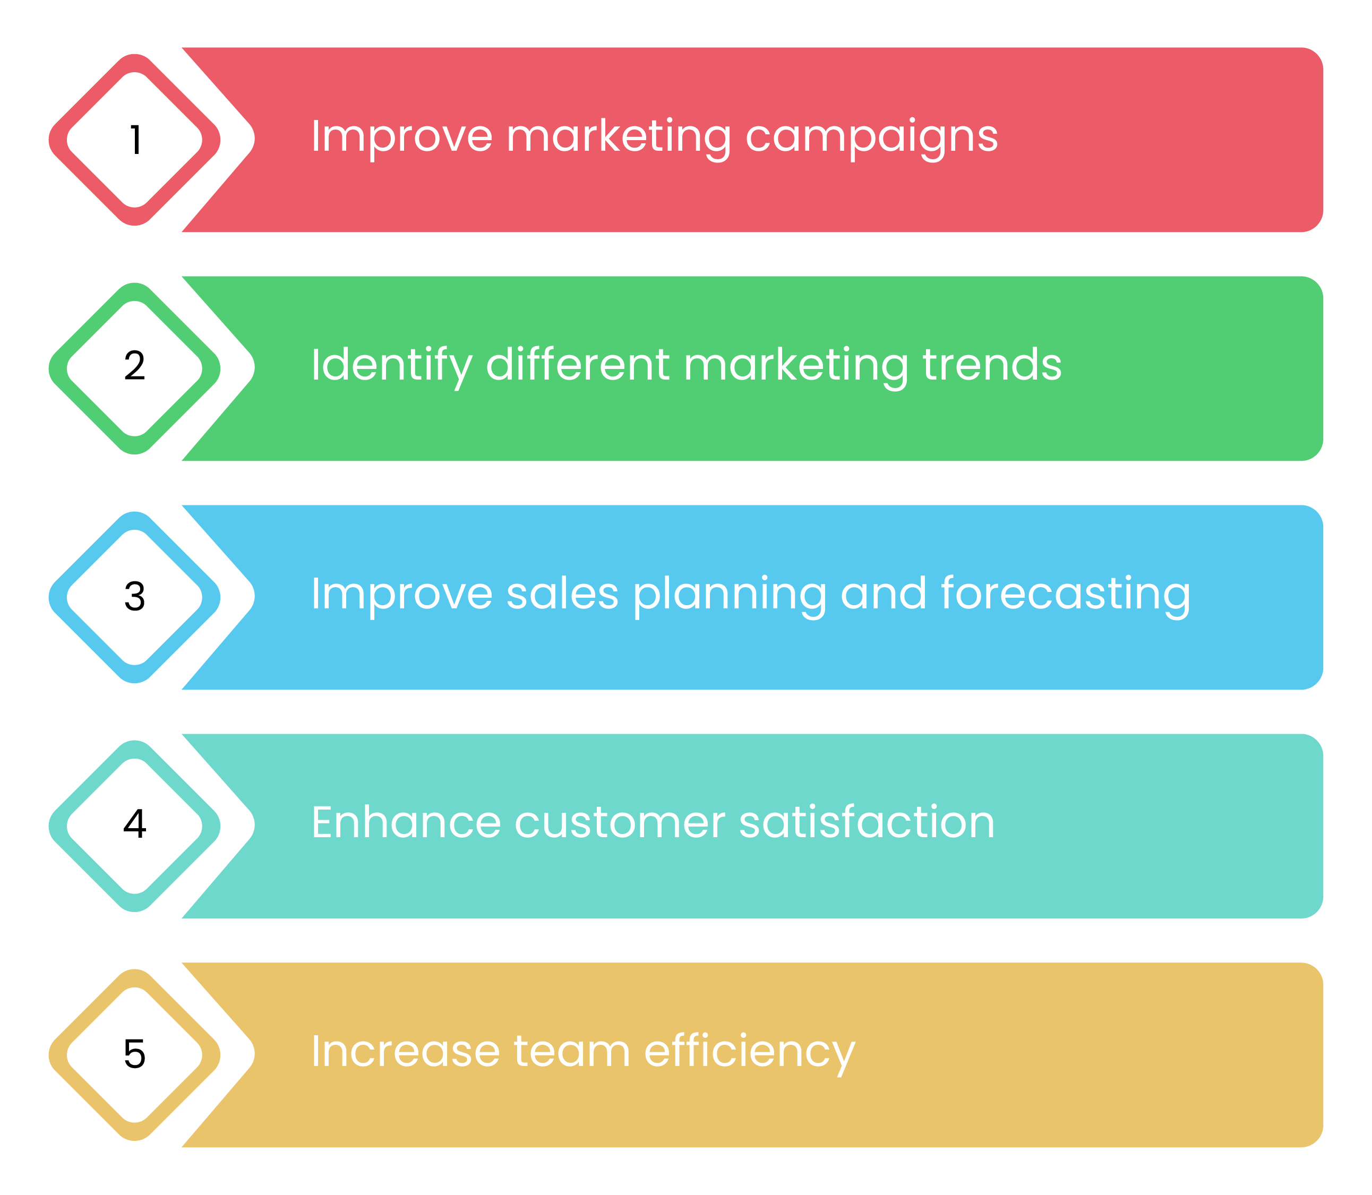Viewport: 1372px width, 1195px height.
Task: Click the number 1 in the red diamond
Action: pos(135,140)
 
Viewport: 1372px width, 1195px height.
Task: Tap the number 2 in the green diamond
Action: pos(135,366)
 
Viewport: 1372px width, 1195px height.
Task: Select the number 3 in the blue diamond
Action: pos(135,596)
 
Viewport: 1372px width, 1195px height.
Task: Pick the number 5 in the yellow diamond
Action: pos(135,1054)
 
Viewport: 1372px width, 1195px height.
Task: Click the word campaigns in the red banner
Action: pos(871,139)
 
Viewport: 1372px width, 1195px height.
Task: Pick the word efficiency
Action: pos(750,1054)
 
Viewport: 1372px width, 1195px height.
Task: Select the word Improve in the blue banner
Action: pos(402,596)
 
